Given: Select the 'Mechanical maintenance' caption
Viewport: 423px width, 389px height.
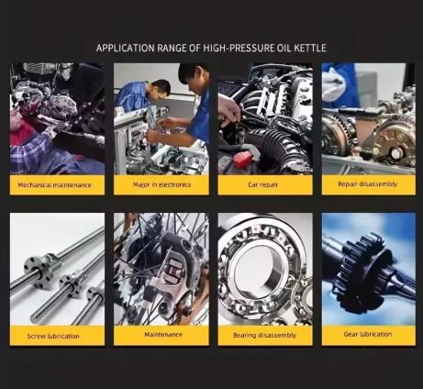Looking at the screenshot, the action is tap(55, 185).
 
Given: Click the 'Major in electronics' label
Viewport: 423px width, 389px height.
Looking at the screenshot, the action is tap(161, 184).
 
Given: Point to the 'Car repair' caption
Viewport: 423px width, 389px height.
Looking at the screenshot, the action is tap(262, 184).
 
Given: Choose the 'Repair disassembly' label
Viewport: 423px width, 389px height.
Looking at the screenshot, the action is tap(367, 184).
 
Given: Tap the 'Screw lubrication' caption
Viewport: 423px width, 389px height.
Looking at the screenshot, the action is tap(53, 336).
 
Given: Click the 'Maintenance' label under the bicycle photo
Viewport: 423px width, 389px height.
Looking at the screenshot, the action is tap(163, 335).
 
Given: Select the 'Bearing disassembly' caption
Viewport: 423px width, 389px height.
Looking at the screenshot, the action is tap(264, 335).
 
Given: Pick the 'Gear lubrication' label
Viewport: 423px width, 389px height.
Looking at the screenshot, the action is tap(368, 334).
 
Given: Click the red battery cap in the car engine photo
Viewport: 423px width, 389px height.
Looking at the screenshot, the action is tap(243, 159).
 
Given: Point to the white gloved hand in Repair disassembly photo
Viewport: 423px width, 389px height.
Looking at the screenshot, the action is tap(333, 84).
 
